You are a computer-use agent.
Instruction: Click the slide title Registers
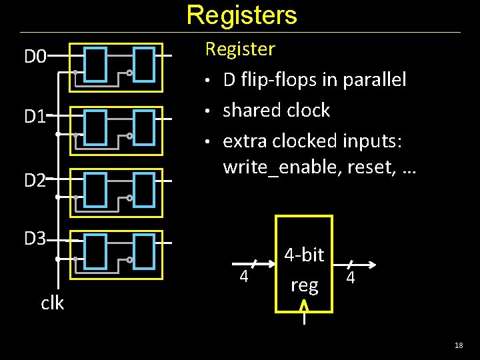[x=241, y=15]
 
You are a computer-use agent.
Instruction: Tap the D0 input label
[x=35, y=57]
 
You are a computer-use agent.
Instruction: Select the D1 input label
[x=35, y=117]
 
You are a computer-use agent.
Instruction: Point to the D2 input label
[x=35, y=179]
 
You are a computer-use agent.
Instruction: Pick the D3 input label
[x=35, y=238]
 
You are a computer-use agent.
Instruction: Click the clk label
[x=52, y=303]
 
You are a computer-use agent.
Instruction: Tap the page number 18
[x=458, y=345]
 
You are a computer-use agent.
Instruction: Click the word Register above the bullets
[x=239, y=49]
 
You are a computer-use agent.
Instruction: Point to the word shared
[x=249, y=110]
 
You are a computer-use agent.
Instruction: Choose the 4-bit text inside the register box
[x=304, y=255]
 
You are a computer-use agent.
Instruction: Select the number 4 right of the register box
[x=351, y=275]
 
